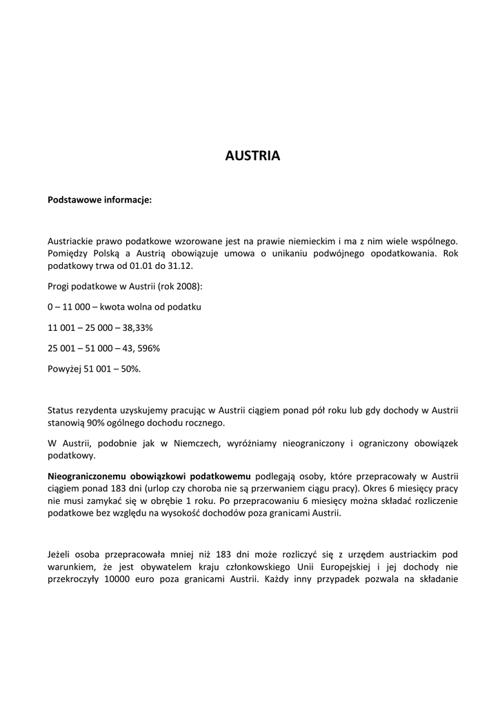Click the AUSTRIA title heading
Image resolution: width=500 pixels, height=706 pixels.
[x=252, y=156]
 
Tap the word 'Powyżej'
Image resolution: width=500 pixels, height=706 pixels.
[x=64, y=369]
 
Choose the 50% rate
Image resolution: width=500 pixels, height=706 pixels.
[x=130, y=369]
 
